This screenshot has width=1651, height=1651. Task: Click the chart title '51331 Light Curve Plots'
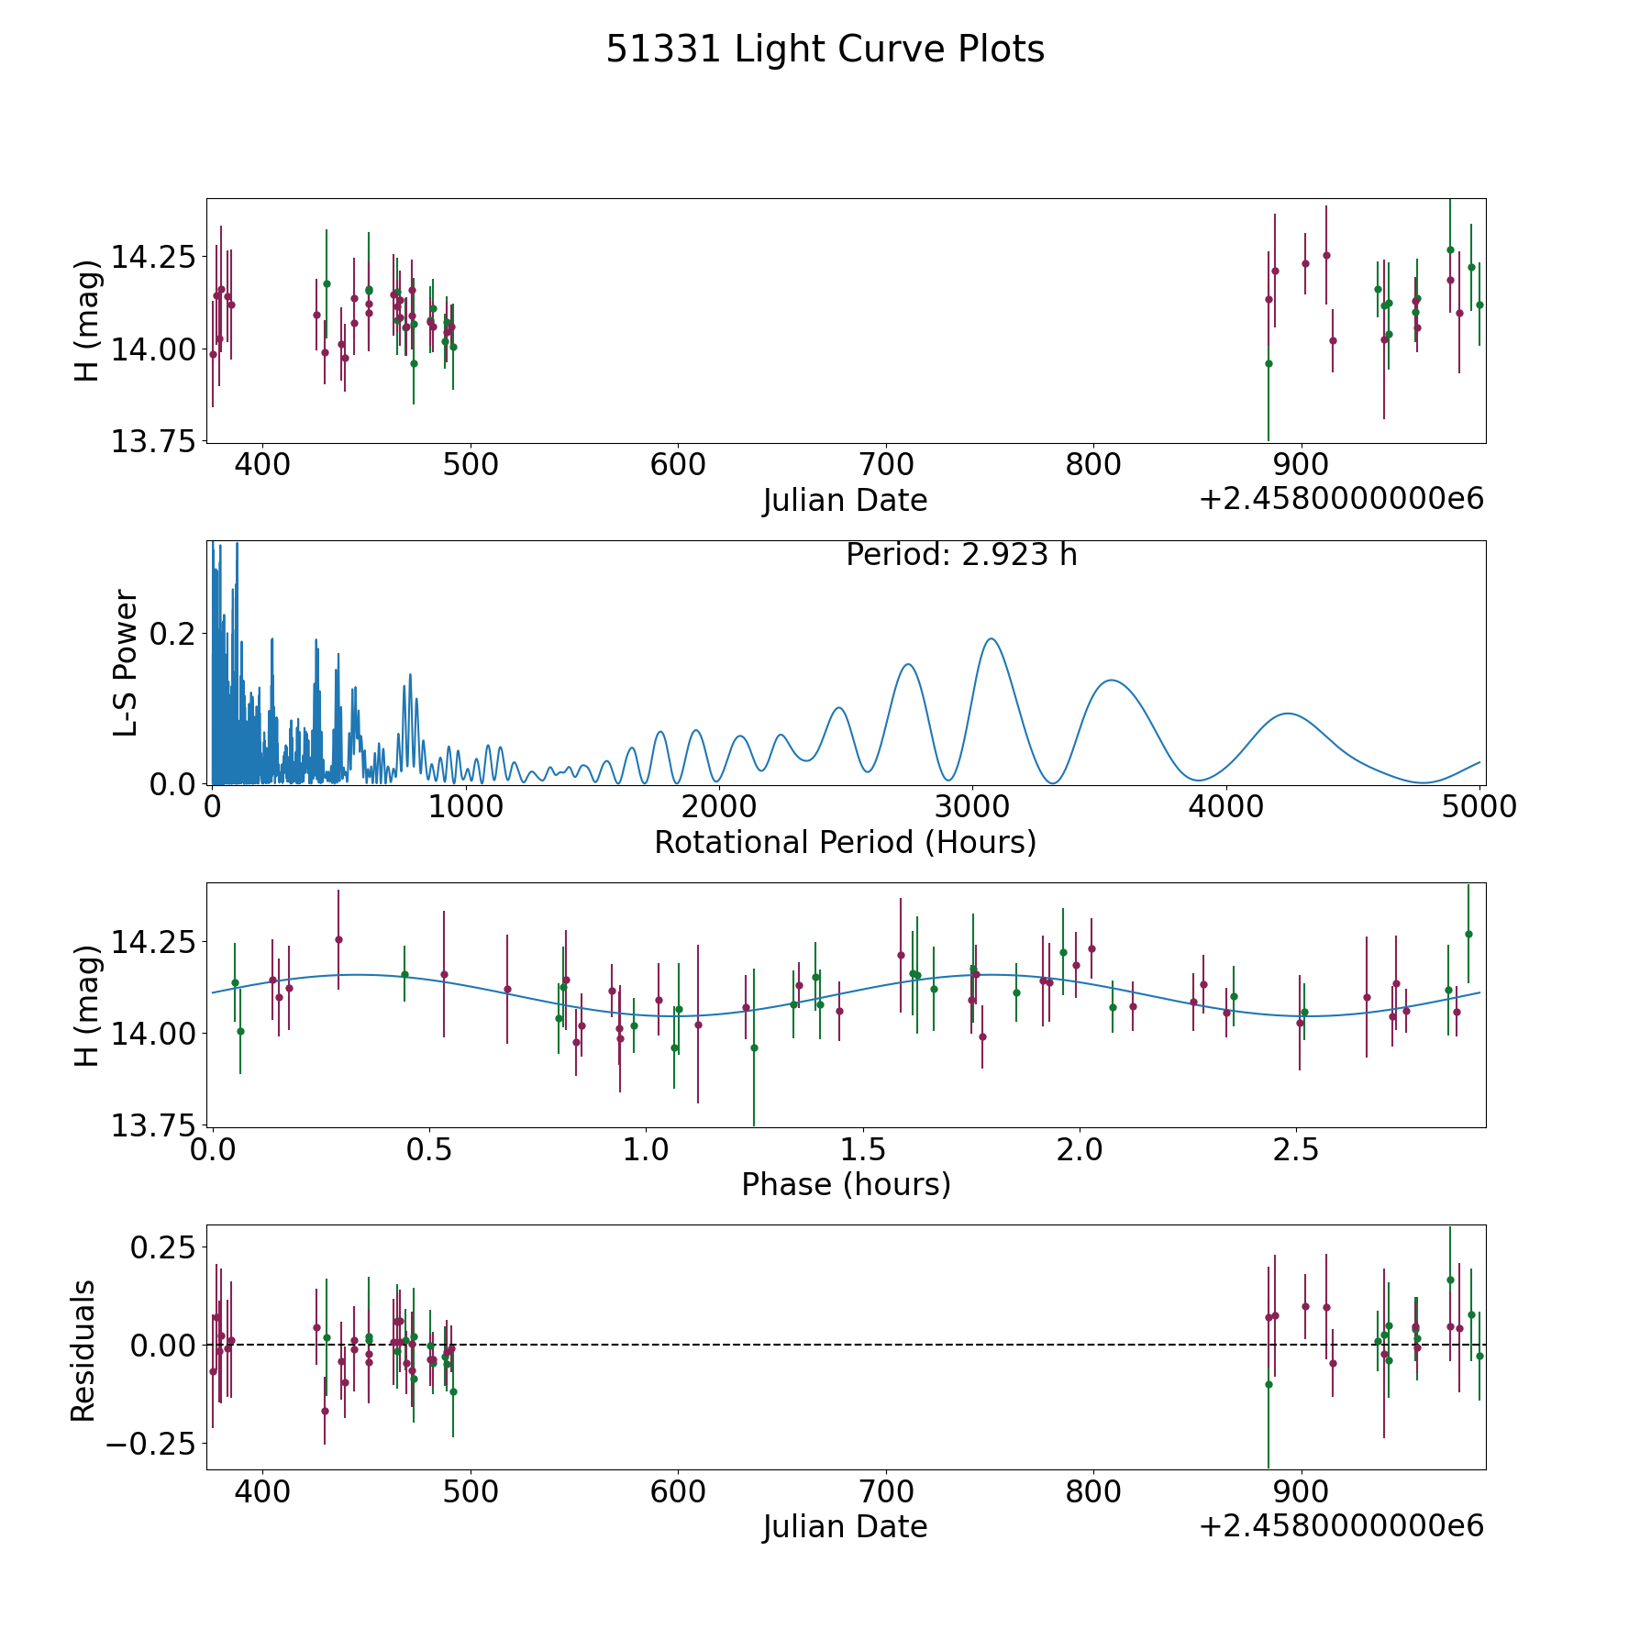[x=825, y=50]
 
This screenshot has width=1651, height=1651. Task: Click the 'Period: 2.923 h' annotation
[x=961, y=555]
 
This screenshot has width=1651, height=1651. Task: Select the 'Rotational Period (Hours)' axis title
[x=845, y=842]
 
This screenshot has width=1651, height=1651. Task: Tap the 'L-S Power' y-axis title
[x=126, y=662]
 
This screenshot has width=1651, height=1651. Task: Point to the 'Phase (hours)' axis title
[x=845, y=1184]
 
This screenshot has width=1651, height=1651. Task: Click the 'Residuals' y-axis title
[x=83, y=1350]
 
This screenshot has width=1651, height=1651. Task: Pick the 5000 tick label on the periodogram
[x=1479, y=807]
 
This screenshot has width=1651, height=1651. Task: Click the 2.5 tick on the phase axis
[x=1296, y=1150]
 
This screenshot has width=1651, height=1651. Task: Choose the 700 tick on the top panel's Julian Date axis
[x=886, y=465]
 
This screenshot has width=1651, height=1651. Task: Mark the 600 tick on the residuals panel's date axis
[x=678, y=1492]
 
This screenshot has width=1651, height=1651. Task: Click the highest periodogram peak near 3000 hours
[x=991, y=639]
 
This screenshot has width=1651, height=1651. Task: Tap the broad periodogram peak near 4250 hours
[x=1289, y=714]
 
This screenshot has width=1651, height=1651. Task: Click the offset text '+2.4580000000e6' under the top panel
[x=1341, y=500]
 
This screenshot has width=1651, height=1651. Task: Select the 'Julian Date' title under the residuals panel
[x=845, y=1527]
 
